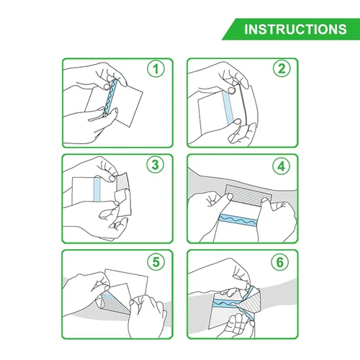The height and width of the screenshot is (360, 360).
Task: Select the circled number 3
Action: click(x=154, y=164)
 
